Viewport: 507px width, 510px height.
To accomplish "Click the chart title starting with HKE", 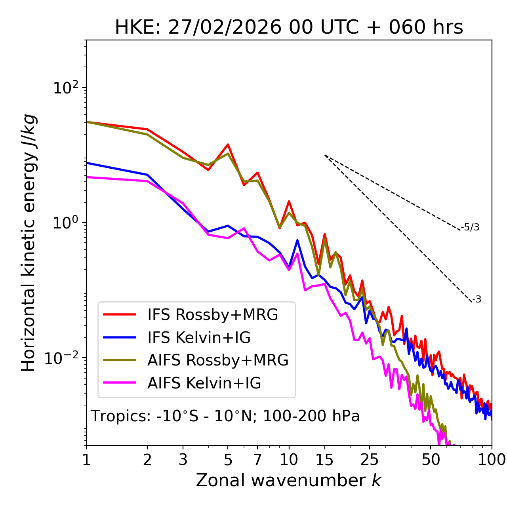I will pyautogui.click(x=289, y=28).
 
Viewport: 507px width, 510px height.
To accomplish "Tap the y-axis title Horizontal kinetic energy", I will pyautogui.click(x=29, y=243).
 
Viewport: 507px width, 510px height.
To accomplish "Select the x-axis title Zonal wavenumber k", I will pyautogui.click(x=289, y=480).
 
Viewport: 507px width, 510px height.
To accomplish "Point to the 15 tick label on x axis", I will pyautogui.click(x=325, y=460).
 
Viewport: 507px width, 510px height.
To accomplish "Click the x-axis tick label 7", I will pyautogui.click(x=257, y=460).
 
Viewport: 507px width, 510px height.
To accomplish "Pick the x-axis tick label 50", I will pyautogui.click(x=431, y=460).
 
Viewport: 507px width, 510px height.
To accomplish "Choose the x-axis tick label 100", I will pyautogui.click(x=491, y=460).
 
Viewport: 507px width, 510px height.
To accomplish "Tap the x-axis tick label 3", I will pyautogui.click(x=183, y=460).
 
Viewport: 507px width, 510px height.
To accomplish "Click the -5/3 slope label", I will pyautogui.click(x=470, y=227).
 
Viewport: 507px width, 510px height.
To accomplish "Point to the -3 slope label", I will pyautogui.click(x=477, y=300).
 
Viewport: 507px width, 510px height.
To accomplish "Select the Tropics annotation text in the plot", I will pyautogui.click(x=225, y=417).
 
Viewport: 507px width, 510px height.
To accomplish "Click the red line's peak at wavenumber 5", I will pyautogui.click(x=228, y=145).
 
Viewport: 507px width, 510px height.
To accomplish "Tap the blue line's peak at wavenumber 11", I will pyautogui.click(x=297, y=240).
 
